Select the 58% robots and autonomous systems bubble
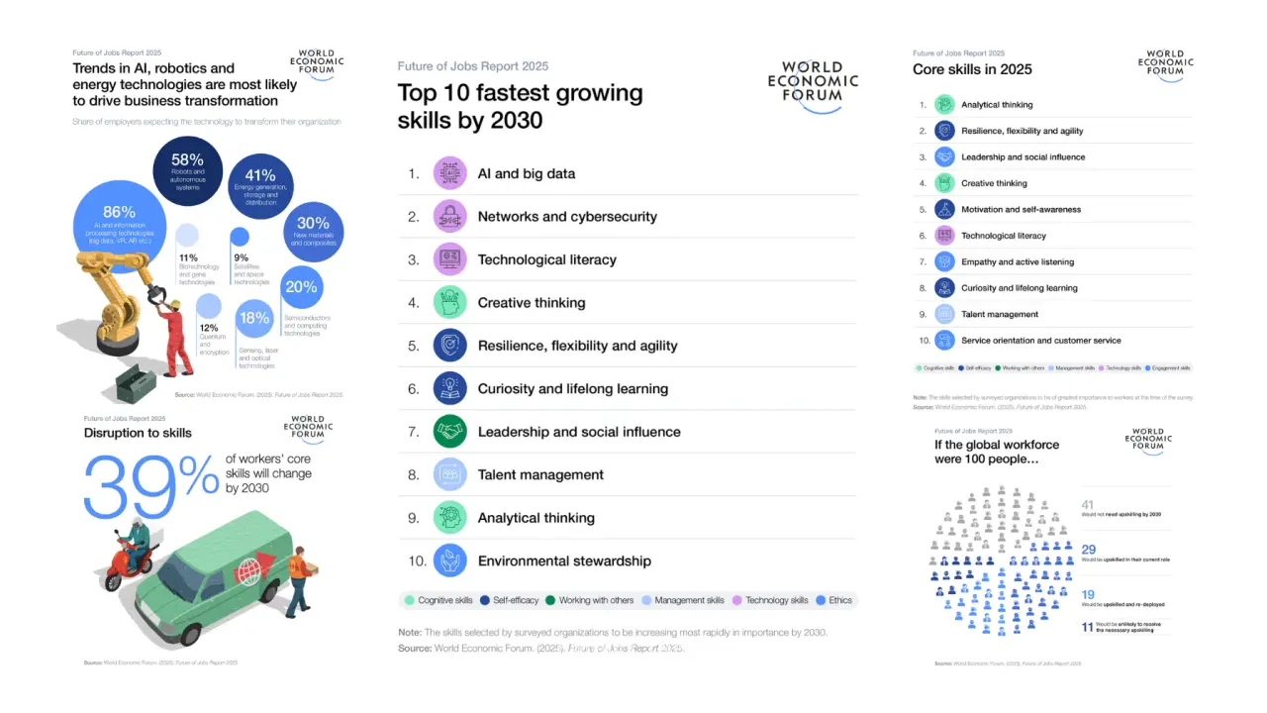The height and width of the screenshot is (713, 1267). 188,169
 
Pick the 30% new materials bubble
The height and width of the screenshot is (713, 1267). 313,232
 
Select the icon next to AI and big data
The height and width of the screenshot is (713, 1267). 449,173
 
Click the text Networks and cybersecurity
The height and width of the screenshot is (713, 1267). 566,217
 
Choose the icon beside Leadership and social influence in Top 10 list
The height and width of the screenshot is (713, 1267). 449,432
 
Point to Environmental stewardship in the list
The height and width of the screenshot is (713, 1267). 564,561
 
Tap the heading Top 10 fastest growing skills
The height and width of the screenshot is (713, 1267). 520,106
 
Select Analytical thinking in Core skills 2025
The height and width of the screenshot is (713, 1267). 997,105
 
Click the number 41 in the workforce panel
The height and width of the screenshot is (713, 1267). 1088,505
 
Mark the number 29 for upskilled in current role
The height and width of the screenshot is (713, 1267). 1089,549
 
